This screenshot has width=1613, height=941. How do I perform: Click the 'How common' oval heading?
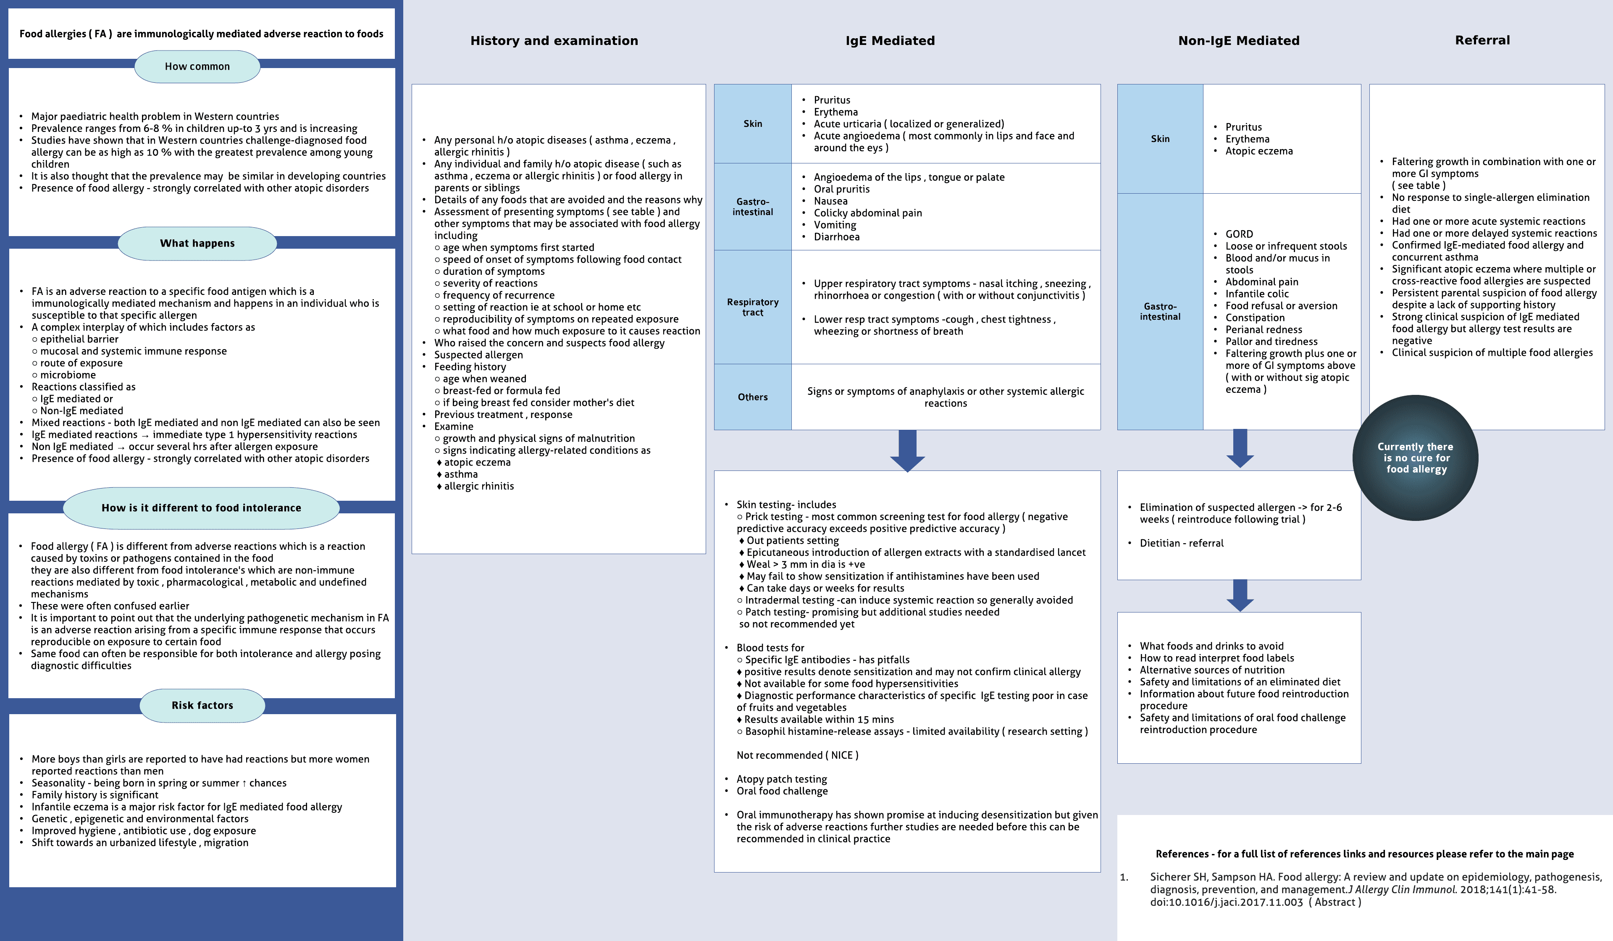[197, 66]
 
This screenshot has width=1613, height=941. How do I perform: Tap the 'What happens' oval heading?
[197, 243]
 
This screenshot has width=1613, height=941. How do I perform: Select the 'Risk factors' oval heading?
[202, 705]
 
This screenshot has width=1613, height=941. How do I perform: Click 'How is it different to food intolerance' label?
[201, 507]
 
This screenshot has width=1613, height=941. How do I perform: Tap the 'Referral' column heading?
[1482, 40]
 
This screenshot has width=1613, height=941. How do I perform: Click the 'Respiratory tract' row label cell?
[753, 307]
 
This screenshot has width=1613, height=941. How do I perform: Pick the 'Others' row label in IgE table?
[753, 397]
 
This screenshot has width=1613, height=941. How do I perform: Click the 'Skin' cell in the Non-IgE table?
[1160, 139]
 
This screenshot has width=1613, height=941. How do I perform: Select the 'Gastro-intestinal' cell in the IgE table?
[753, 207]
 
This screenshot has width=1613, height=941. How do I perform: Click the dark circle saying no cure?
[1415, 458]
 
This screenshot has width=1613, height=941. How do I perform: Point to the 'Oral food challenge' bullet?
[782, 791]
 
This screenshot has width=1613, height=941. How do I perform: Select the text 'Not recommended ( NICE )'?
[797, 755]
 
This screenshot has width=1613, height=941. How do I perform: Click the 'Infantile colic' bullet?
[1256, 294]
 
